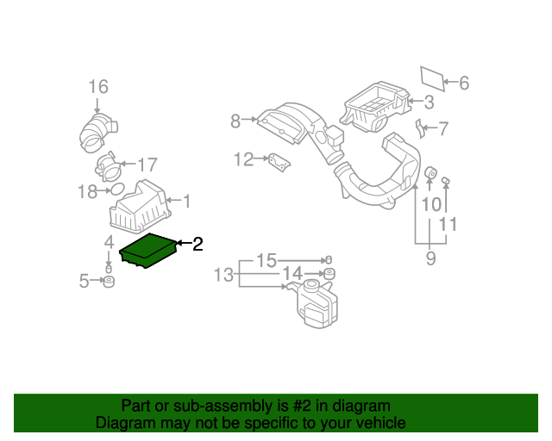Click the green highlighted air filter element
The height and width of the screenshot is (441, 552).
coord(148,252)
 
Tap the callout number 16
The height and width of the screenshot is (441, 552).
coord(98,86)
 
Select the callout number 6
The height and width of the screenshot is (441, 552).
coord(463,84)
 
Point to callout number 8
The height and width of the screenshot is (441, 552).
coord(235,121)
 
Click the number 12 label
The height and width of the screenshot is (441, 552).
coord(244,158)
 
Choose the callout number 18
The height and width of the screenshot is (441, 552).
coord(87,192)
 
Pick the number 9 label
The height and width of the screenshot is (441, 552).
coord(430,258)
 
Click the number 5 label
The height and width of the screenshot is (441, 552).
coord(84,281)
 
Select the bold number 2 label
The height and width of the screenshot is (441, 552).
coord(198,245)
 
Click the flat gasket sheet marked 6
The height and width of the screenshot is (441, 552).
coord(432,78)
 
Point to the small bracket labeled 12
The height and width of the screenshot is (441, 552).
coord(277,162)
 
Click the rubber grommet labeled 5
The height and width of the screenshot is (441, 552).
coord(109,283)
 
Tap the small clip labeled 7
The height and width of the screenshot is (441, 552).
coord(422,129)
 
